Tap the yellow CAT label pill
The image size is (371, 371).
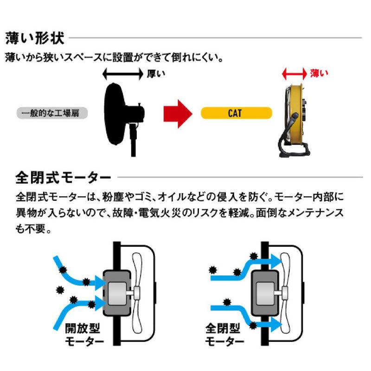[x=236, y=113]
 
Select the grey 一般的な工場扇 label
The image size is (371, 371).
[x=52, y=113]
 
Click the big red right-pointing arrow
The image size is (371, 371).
[x=177, y=113]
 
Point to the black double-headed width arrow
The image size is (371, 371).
[x=122, y=73]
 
